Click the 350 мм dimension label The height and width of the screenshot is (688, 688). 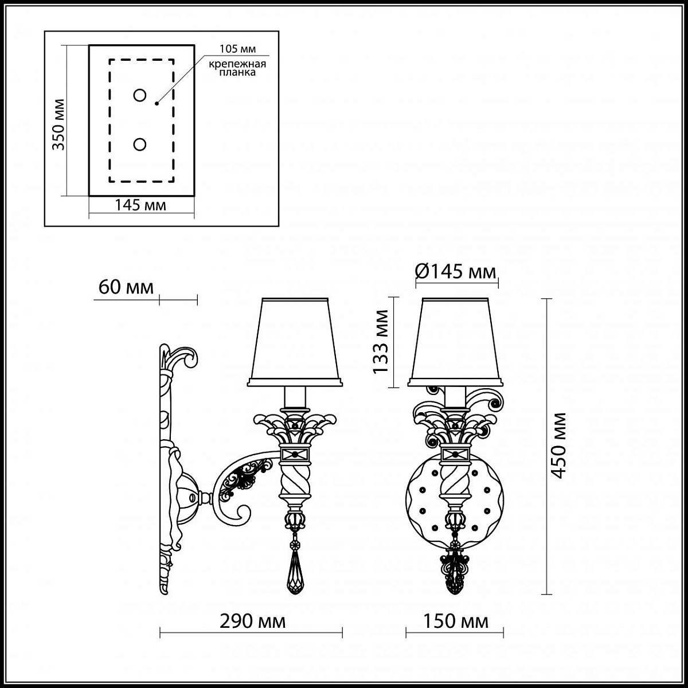point(59,124)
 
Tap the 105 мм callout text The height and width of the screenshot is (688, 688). point(237,49)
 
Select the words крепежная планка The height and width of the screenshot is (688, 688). point(237,68)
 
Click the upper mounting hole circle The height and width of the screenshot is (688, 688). point(139,95)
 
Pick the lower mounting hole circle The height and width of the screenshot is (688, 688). point(139,144)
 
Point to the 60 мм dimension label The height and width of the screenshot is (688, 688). point(126,287)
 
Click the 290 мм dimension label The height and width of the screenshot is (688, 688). point(252,621)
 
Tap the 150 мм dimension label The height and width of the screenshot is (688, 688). point(456,621)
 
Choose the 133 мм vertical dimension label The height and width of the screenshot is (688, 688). point(381,342)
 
